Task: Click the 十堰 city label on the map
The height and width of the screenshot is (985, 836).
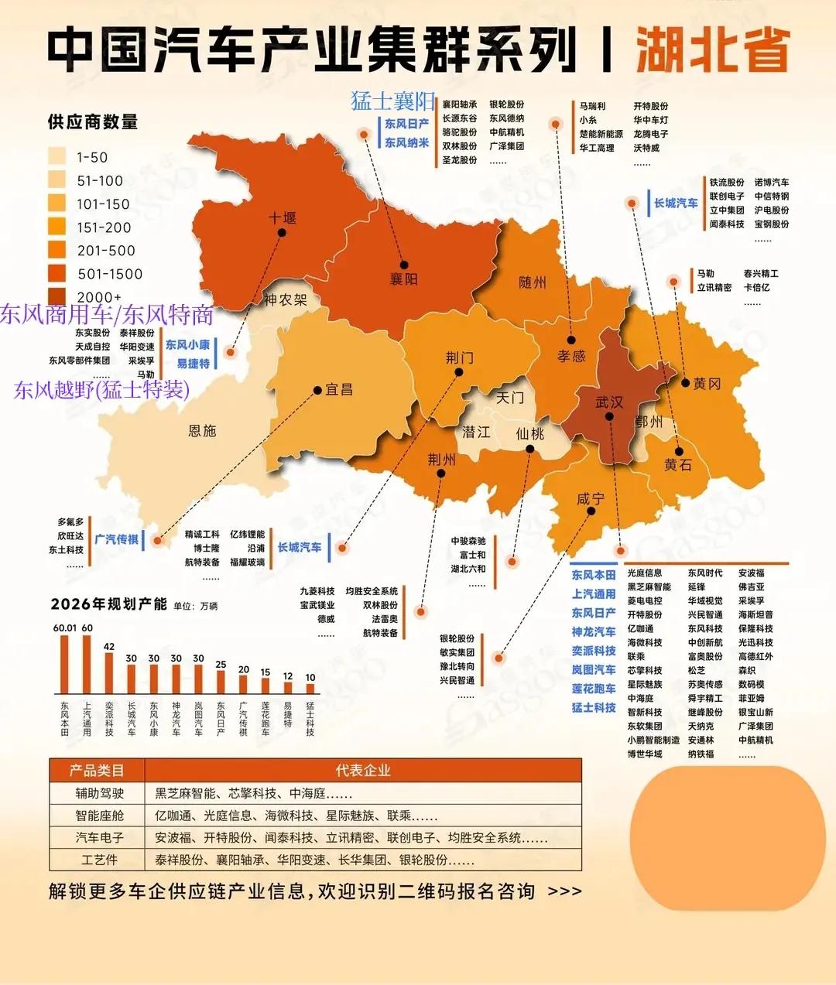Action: click(282, 218)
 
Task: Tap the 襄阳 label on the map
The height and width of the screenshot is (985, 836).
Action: click(403, 279)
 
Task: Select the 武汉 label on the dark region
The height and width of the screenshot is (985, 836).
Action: click(609, 402)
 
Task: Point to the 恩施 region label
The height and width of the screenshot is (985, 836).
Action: click(202, 431)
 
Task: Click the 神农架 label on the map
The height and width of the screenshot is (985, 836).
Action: click(285, 299)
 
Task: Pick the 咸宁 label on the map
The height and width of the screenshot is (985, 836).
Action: click(591, 499)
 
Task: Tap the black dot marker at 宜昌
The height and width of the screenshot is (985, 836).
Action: click(317, 390)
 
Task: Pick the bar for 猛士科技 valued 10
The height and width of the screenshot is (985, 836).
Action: click(310, 688)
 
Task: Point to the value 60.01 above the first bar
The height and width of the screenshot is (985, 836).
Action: click(65, 628)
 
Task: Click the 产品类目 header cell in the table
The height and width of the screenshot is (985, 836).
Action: click(97, 771)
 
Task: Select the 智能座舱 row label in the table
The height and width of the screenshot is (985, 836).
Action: click(99, 816)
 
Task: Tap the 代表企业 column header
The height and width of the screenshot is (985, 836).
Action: click(363, 771)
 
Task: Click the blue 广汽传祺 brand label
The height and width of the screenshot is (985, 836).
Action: click(117, 539)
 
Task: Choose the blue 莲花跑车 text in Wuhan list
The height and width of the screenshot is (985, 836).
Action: click(594, 689)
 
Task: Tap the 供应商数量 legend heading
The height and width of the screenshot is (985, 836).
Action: click(93, 122)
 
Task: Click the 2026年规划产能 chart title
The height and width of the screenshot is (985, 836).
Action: click(109, 604)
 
